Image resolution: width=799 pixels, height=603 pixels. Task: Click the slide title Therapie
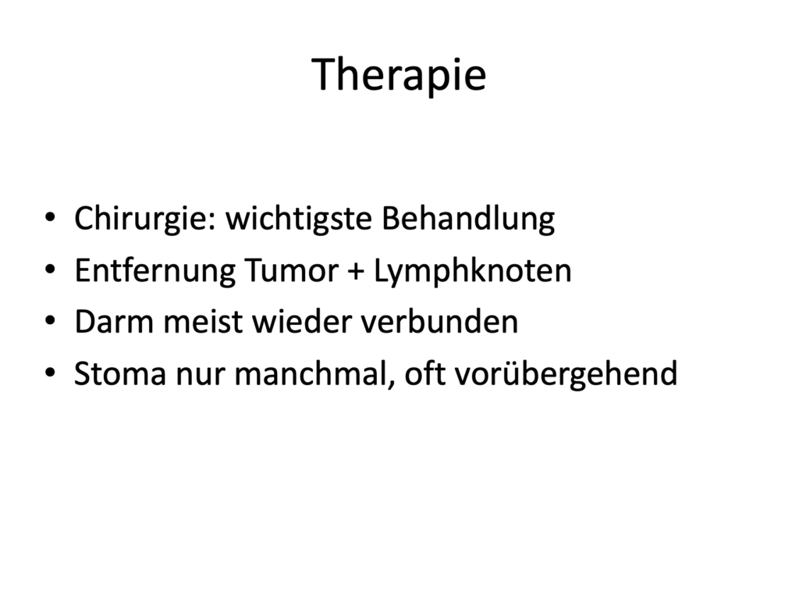coord(399,74)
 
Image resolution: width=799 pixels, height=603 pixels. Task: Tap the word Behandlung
coord(468,219)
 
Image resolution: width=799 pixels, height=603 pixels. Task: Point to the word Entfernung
coord(155,271)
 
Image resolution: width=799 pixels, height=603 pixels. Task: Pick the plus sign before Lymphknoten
coord(356,272)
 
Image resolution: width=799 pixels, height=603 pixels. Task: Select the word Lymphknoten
coord(473,271)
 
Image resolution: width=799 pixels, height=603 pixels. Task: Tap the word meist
coord(203,323)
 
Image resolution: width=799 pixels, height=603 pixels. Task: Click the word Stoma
coord(121,374)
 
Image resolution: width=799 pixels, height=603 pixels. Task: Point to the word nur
coord(201,377)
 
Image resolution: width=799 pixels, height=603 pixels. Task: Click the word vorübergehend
coord(566,375)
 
